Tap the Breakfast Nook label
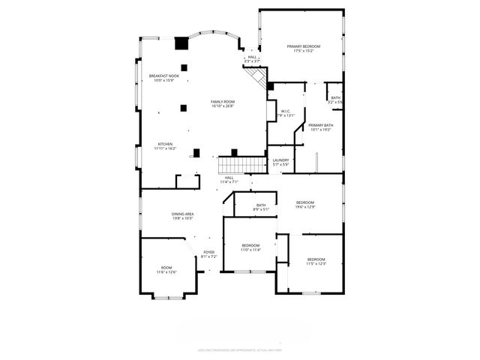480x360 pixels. [163, 76]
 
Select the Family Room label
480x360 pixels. [222, 101]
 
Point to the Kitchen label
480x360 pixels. [165, 144]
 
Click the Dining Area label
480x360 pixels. [183, 214]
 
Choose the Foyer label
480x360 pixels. [208, 252]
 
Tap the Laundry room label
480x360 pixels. [281, 160]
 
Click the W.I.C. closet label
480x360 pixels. [286, 110]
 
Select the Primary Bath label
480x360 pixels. [320, 125]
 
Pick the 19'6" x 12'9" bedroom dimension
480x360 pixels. [304, 207]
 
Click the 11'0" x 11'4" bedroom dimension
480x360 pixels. [250, 250]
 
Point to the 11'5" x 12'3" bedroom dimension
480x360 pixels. [316, 263]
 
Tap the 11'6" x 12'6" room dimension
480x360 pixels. [166, 271]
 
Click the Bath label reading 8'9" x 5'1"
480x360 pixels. [261, 209]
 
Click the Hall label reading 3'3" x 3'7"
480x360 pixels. [252, 61]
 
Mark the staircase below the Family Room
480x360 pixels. [242, 164]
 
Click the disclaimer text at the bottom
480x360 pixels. [240, 349]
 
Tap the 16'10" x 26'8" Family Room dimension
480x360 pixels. [222, 106]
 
